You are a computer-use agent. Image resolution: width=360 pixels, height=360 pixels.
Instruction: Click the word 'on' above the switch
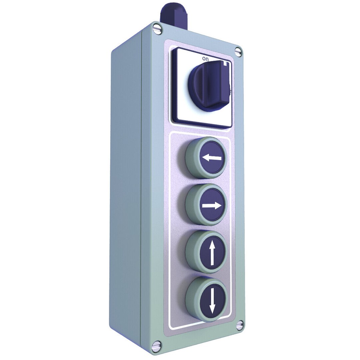205,59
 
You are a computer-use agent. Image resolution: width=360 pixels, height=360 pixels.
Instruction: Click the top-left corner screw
157,30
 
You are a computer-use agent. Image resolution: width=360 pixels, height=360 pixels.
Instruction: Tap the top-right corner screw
238,51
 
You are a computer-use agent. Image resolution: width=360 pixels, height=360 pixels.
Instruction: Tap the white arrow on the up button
212,253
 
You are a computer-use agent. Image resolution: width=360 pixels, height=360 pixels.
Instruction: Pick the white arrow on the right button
212,206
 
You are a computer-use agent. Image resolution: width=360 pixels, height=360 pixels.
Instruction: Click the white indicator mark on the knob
226,63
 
